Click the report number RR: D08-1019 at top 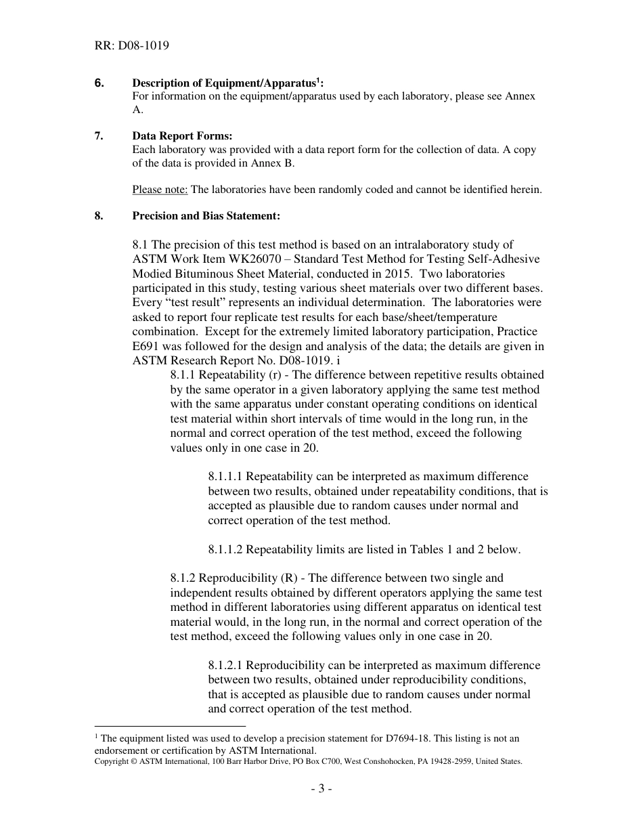point(132,46)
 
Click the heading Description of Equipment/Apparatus point(227,83)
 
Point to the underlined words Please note point(160,190)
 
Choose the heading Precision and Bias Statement point(206,216)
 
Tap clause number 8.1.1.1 point(225,476)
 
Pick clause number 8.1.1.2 point(225,549)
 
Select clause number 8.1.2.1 point(225,665)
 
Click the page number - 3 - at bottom point(321,788)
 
